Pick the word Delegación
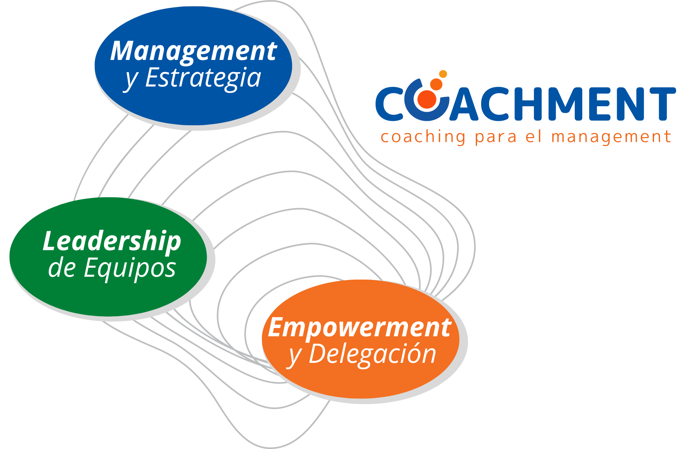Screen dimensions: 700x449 click(x=372, y=354)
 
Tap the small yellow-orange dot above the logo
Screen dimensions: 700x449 click(x=443, y=74)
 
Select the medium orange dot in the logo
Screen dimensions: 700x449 click(x=436, y=84)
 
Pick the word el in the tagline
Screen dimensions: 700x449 click(x=533, y=137)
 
